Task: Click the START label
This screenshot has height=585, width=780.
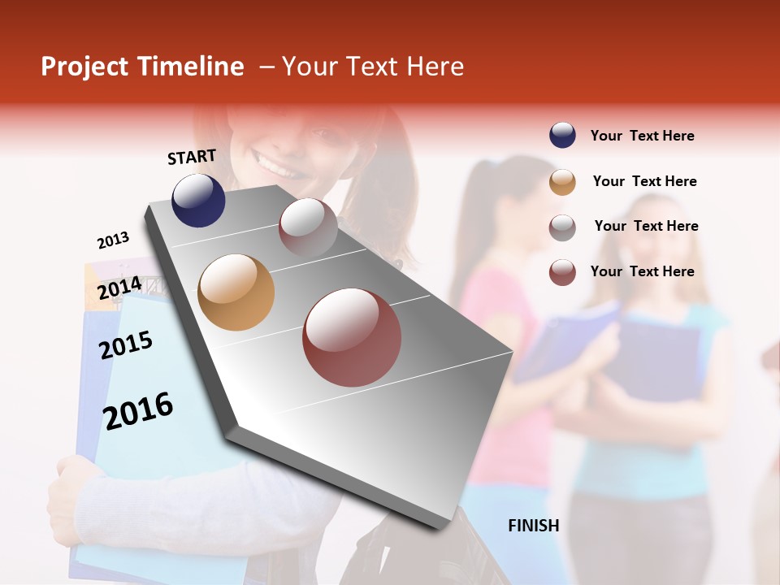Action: tap(192, 157)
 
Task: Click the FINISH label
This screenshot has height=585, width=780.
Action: tap(533, 526)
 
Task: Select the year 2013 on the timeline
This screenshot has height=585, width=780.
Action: tap(113, 240)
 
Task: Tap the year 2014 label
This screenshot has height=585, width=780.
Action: tap(119, 288)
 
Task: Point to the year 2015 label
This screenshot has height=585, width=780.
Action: tap(126, 345)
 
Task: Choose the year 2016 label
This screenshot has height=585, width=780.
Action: tap(138, 411)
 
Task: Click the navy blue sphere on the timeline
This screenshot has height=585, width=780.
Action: tap(198, 200)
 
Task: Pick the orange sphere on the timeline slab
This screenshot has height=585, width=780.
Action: tap(236, 292)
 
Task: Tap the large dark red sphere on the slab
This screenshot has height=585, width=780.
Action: tap(352, 337)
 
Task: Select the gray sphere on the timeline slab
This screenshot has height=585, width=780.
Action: tap(308, 227)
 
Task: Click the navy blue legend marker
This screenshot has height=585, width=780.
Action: tap(562, 136)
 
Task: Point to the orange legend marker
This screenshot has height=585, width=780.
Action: tap(562, 182)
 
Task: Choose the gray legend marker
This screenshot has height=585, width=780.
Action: tap(562, 227)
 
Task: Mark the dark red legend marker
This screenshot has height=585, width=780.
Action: tap(562, 272)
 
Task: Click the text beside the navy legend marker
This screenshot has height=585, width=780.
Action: tap(642, 136)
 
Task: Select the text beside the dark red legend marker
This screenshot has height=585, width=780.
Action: tap(642, 271)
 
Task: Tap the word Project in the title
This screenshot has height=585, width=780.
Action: tap(85, 67)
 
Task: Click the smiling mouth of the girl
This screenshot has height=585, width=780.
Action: tap(276, 169)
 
